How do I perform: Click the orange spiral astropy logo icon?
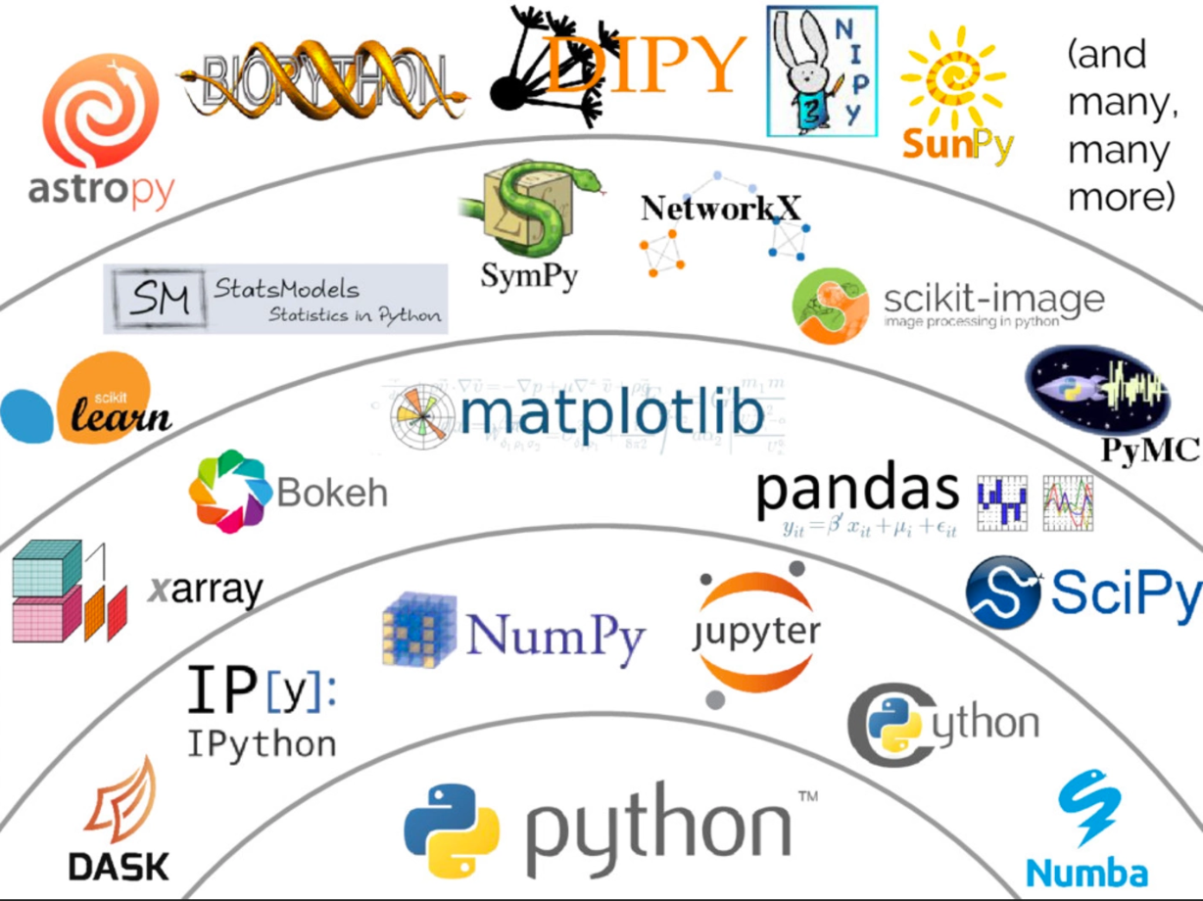pyautogui.click(x=101, y=112)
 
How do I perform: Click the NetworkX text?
pyautogui.click(x=721, y=208)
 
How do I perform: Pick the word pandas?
pyautogui.click(x=856, y=491)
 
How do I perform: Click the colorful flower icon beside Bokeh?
pyautogui.click(x=228, y=491)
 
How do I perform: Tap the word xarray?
pyautogui.click(x=206, y=591)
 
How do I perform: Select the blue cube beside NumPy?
pyautogui.click(x=419, y=632)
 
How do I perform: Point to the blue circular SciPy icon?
pyautogui.click(x=1002, y=593)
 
